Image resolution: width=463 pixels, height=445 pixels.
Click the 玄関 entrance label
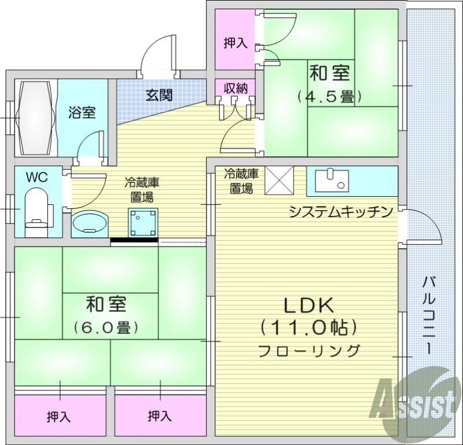pyautogui.click(x=158, y=95)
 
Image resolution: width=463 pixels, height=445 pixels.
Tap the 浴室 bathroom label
pyautogui.click(x=82, y=112)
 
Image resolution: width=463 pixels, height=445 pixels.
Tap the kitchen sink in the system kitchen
pyautogui.click(x=333, y=180)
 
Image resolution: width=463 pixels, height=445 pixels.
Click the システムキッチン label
pyautogui.click(x=341, y=211)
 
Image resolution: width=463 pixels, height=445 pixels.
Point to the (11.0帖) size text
pyautogui.click(x=307, y=328)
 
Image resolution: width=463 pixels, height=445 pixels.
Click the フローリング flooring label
pyautogui.click(x=308, y=350)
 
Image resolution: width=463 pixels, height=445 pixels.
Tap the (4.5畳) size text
pyautogui.click(x=329, y=96)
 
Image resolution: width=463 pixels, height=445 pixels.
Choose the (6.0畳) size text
pyautogui.click(x=106, y=328)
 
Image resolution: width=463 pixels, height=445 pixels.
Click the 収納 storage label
pyautogui.click(x=236, y=88)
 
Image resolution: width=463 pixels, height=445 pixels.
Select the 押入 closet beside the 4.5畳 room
pyautogui.click(x=236, y=43)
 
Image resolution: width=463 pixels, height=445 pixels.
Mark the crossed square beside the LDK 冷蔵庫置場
pyautogui.click(x=280, y=181)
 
